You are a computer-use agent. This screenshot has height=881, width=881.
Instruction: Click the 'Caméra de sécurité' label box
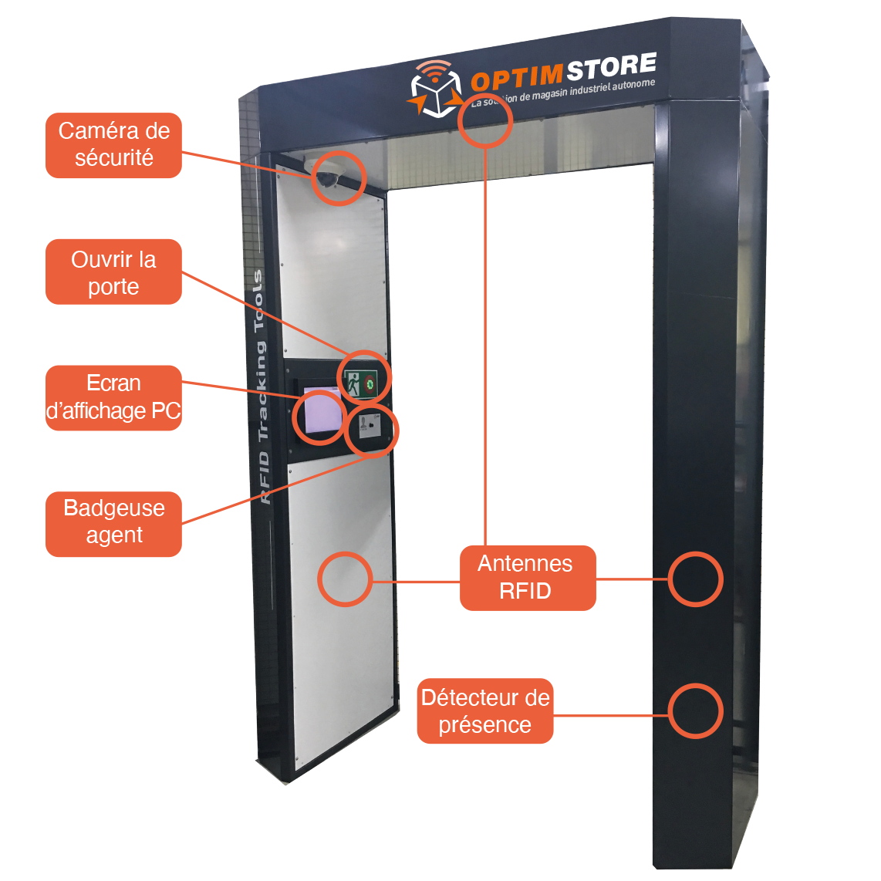tap(113, 145)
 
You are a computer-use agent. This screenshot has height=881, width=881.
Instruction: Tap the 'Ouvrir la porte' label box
tap(113, 272)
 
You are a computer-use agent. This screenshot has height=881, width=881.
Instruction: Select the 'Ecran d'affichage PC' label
tap(113, 397)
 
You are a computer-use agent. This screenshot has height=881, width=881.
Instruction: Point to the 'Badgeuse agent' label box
tap(113, 522)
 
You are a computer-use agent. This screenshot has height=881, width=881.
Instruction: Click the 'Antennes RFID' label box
tap(527, 577)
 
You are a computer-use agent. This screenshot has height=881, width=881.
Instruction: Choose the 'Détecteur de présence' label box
tap(484, 711)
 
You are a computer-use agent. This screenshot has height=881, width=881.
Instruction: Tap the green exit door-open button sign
tap(354, 383)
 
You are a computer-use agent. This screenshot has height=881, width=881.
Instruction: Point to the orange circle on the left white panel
tap(345, 579)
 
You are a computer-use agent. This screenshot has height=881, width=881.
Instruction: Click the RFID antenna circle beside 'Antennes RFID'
tap(694, 579)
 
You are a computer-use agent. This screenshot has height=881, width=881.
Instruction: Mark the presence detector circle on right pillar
tap(694, 711)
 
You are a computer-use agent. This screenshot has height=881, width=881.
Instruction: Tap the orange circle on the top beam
tap(485, 121)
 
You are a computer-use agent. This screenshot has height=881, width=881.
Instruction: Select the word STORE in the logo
tap(610, 67)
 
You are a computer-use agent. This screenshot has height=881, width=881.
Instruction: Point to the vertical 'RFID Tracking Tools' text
tap(262, 386)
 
